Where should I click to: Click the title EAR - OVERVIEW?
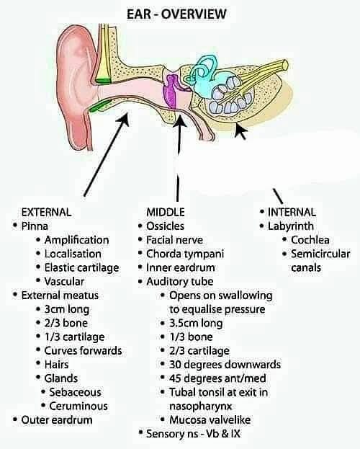coord(176,14)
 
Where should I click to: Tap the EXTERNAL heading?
coord(46,212)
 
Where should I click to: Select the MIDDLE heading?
coord(166,212)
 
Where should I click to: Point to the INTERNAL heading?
coord(292,212)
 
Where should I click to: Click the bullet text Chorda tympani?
coord(185,254)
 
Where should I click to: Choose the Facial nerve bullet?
coord(174,240)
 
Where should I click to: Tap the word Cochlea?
coord(310,240)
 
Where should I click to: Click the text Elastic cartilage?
coord(81,267)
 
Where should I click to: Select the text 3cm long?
coord(67,309)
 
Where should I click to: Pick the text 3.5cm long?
coord(196,323)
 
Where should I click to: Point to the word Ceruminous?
coord(78,406)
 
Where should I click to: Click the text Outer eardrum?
coord(57,420)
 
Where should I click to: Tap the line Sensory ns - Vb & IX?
coord(193,434)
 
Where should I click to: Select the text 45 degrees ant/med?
coord(217,378)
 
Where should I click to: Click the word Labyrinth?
coord(291,226)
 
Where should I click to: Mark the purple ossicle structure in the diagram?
coord(171,91)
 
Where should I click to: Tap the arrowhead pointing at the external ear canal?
coord(124,118)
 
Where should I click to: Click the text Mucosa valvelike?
coord(210,420)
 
